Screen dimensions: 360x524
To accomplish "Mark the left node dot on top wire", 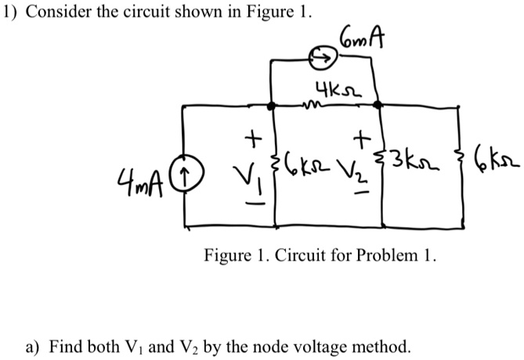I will [272, 105].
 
